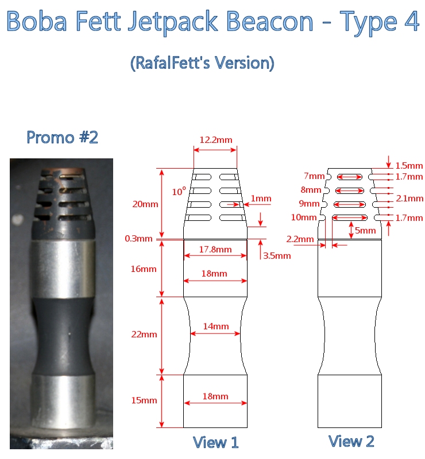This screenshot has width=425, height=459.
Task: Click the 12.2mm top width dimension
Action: (216, 140)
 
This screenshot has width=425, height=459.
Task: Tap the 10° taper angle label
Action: (179, 192)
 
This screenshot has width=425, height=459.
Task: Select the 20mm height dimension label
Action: (145, 204)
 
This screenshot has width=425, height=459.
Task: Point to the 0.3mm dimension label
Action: (138, 239)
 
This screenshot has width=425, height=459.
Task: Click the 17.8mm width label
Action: (215, 250)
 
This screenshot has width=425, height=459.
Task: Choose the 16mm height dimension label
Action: (144, 269)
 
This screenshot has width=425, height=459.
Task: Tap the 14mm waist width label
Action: (216, 326)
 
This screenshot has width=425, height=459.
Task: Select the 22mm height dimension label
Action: (144, 334)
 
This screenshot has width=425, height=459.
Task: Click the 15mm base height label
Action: (144, 400)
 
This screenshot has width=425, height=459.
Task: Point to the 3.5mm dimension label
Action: (277, 256)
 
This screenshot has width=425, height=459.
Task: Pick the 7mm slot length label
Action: (314, 176)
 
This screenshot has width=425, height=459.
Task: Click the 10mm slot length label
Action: (304, 217)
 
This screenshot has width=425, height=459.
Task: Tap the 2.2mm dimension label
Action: (300, 239)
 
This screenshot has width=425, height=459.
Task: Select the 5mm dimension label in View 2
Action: (365, 231)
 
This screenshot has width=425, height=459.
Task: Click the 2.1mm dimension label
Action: (409, 199)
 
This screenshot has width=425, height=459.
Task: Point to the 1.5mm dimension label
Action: (409, 166)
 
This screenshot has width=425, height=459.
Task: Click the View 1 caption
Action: (215, 442)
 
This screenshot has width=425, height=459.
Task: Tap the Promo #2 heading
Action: (62, 137)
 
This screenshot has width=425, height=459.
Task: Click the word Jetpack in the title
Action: (172, 21)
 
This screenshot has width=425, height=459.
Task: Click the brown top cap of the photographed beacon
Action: (61, 170)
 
